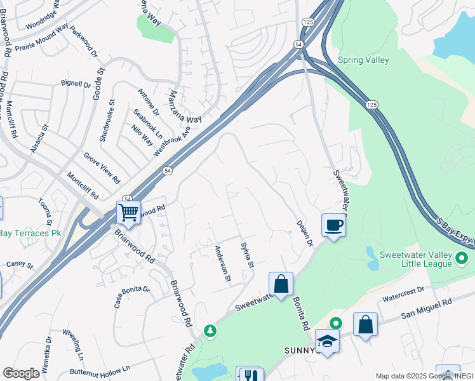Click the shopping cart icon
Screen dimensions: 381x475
point(128,212)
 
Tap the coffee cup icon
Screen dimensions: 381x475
point(334,224)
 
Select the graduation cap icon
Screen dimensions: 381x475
point(327,340)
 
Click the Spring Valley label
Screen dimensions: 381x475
point(363,60)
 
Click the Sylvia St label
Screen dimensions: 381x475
point(247,254)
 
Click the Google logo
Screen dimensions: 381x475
point(20,373)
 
